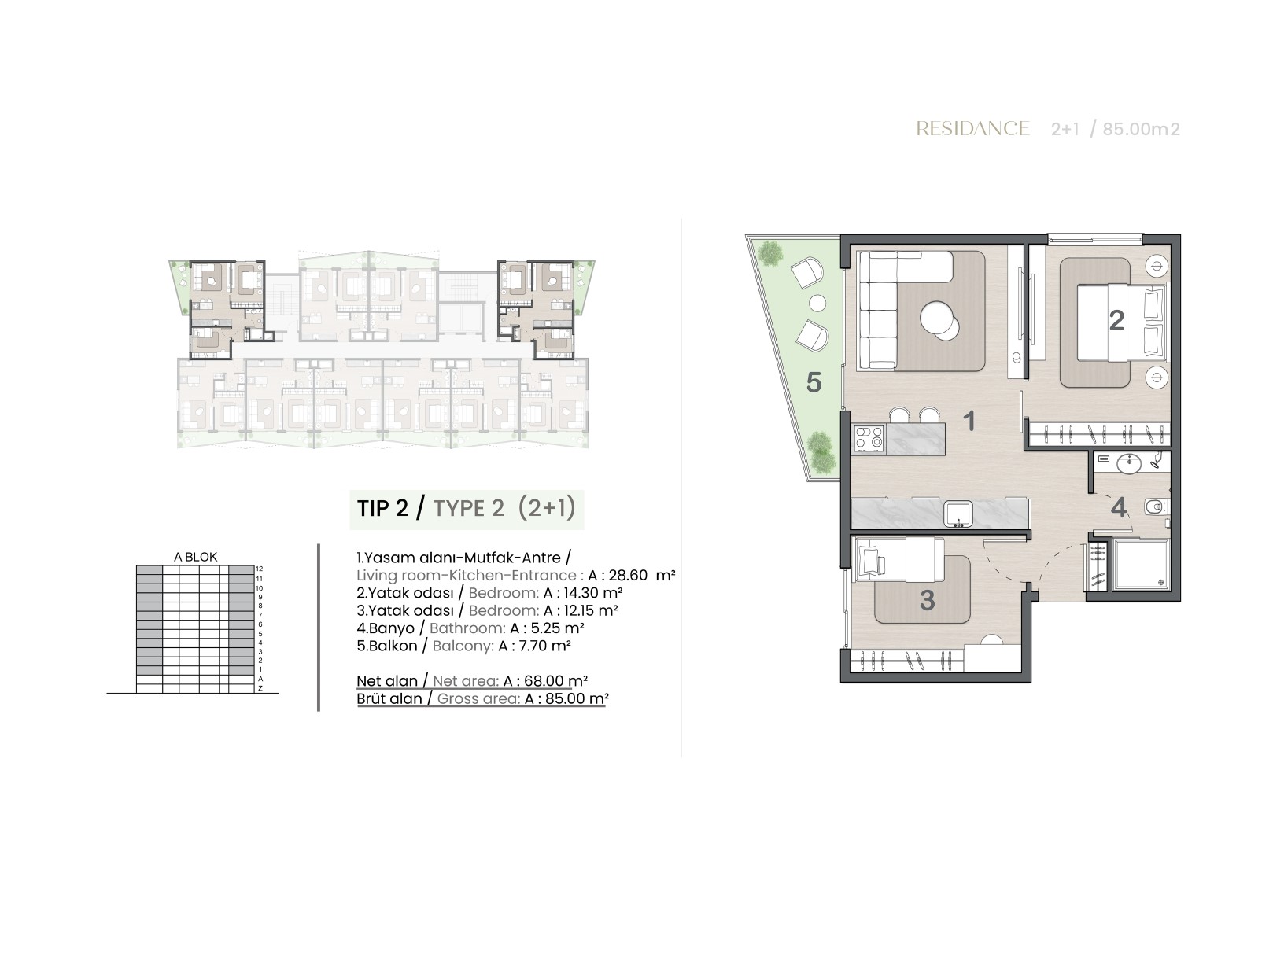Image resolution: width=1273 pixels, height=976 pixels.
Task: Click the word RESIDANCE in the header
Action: [x=972, y=129]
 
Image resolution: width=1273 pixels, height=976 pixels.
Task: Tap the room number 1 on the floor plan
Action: [x=969, y=422]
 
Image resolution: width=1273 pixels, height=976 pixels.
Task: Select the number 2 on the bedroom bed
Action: [x=1116, y=321]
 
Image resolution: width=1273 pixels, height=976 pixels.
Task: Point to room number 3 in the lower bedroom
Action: [x=927, y=601]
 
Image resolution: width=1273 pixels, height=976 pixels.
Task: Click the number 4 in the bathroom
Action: [x=1118, y=508]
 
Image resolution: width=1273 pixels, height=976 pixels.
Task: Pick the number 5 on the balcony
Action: [x=814, y=382]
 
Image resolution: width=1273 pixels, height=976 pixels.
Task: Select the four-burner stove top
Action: [x=869, y=439]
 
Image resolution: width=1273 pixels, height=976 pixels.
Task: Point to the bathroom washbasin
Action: [x=1129, y=464]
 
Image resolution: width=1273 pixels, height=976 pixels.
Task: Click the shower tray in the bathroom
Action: [x=1141, y=565]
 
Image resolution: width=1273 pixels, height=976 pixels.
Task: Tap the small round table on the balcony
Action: [x=817, y=304]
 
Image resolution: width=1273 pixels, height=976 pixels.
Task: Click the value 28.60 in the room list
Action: [x=628, y=576]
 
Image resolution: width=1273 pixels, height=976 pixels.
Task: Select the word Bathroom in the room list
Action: [x=467, y=628]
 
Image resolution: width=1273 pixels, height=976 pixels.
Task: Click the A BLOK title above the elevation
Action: [x=196, y=558]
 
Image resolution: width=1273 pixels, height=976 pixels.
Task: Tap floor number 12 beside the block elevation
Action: [x=260, y=569]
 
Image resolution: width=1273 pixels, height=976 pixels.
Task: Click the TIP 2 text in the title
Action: [x=382, y=508]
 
